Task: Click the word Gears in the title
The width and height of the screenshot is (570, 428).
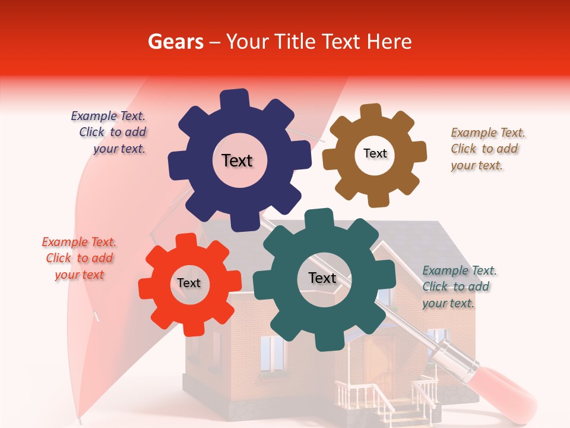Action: tap(175, 42)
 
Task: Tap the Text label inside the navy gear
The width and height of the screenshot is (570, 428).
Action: tap(237, 160)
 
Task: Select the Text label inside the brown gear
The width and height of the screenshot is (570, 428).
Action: tap(375, 153)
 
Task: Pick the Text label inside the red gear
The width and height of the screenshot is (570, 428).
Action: tap(189, 283)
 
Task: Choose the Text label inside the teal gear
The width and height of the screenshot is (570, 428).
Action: tap(322, 278)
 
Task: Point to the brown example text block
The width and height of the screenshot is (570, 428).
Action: tap(487, 149)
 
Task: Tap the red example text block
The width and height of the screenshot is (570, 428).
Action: tap(79, 258)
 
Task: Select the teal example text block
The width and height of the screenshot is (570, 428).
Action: tap(459, 287)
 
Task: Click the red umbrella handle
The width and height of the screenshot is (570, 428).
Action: tap(505, 386)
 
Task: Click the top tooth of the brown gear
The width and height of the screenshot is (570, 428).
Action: tap(371, 112)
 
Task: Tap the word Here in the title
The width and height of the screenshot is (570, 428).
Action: tap(389, 42)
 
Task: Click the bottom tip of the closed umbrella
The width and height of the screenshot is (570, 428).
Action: tap(80, 419)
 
